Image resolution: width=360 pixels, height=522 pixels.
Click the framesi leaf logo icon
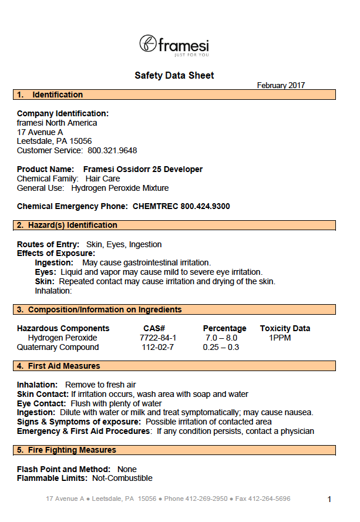[x=148, y=43]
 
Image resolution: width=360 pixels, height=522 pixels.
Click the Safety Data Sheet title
[x=174, y=75]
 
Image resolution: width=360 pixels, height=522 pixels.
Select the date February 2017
[x=281, y=86]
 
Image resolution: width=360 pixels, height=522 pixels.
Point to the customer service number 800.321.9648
[x=112, y=151]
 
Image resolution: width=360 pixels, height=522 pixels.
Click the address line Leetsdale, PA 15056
[x=54, y=142]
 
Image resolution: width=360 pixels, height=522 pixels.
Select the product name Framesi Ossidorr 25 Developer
[x=143, y=170]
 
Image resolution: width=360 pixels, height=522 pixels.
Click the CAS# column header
[x=154, y=328]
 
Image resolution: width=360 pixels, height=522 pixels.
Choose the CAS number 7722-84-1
[x=157, y=338]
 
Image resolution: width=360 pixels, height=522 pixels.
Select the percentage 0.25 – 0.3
[x=221, y=347]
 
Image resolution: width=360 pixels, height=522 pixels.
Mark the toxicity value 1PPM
[x=280, y=338]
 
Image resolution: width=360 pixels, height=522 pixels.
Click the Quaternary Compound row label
[x=58, y=347]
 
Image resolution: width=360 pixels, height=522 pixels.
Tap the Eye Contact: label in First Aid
[x=41, y=404]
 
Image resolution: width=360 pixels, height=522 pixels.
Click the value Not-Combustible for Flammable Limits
[x=122, y=479]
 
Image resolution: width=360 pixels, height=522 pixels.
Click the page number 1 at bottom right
[x=329, y=500]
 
